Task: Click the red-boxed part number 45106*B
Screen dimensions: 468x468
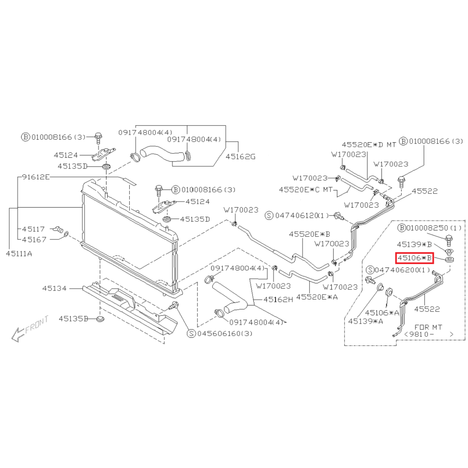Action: (x=414, y=258)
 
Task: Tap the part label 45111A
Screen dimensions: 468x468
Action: (x=19, y=254)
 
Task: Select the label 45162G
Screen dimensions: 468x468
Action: (x=240, y=156)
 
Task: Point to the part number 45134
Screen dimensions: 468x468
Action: (x=54, y=289)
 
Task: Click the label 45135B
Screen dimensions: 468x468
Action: (x=73, y=319)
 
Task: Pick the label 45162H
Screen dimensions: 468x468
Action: (x=278, y=300)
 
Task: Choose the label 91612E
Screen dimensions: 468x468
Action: (x=36, y=177)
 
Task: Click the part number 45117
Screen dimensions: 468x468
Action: (x=33, y=229)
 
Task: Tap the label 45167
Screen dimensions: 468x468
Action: (x=34, y=239)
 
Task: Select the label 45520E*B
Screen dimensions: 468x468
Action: (x=310, y=234)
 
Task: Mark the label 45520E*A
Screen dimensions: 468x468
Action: (x=317, y=297)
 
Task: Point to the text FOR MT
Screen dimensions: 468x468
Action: (x=428, y=327)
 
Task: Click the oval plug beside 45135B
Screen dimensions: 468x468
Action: (x=101, y=319)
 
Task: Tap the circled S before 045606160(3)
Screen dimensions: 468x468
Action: (x=191, y=333)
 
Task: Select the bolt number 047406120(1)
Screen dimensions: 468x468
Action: (x=302, y=216)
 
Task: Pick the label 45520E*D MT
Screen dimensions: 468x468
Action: (x=369, y=145)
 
